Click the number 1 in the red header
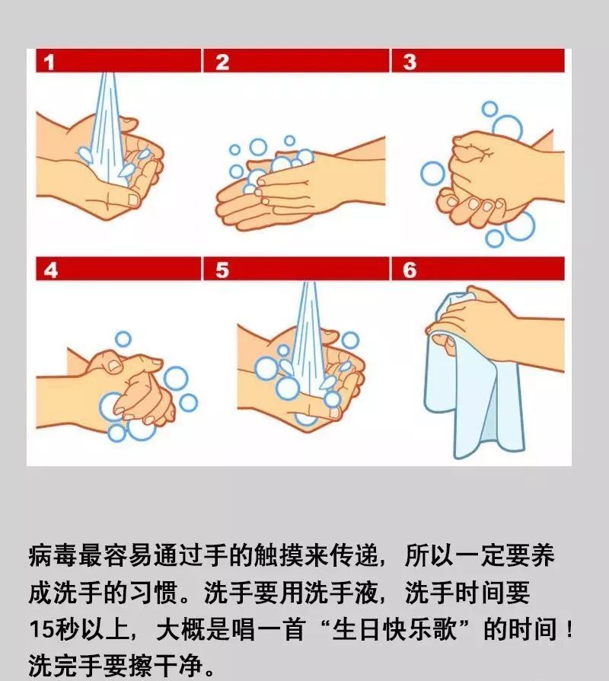[x=49, y=62]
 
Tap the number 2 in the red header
[x=222, y=62]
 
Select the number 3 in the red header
[x=410, y=62]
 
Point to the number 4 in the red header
[x=51, y=270]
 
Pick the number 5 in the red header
[x=222, y=270]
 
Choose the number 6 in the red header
[x=410, y=270]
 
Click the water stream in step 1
[x=107, y=130]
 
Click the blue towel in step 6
[x=473, y=391]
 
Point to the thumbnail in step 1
[x=132, y=200]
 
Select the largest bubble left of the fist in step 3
[x=432, y=173]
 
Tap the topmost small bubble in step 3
[x=489, y=109]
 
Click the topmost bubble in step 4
[x=123, y=339]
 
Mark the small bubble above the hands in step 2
[x=289, y=141]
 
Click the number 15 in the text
[x=42, y=629]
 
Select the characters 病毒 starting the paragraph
[x=53, y=555]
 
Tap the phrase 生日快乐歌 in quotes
[x=394, y=629]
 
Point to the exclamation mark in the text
[x=569, y=629]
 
